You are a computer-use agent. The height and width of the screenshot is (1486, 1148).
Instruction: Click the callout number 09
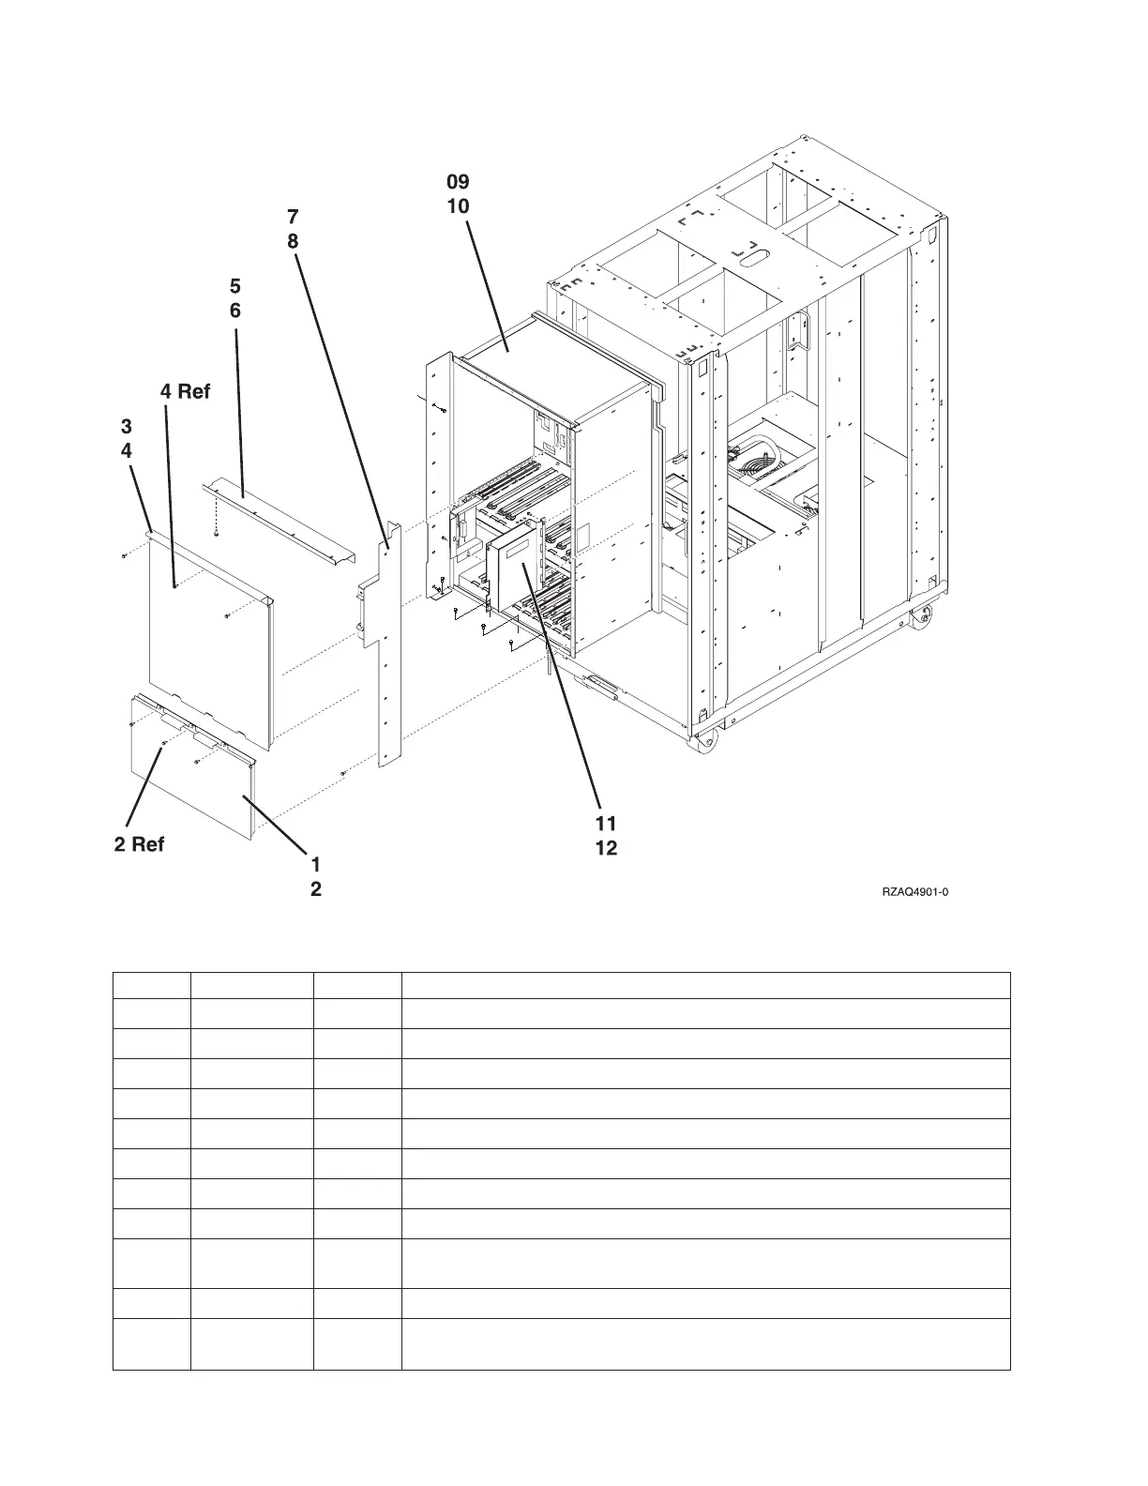458,181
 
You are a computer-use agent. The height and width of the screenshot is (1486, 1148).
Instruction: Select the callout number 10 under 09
458,205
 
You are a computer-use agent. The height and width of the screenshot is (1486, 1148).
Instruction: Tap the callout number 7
293,217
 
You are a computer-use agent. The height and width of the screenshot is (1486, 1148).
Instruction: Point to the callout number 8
293,241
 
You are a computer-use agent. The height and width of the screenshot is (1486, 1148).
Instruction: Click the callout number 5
235,285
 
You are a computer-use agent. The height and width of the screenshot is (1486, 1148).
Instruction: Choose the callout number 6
235,310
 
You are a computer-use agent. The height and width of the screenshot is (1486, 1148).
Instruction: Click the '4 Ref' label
185,391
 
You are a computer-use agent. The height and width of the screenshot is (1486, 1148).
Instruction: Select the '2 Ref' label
139,844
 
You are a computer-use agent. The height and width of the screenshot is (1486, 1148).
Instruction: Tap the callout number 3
127,426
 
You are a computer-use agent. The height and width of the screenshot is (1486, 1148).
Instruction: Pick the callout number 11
605,824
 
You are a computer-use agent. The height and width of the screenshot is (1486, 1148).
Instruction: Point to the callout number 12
605,849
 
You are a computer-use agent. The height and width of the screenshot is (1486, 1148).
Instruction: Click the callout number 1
316,863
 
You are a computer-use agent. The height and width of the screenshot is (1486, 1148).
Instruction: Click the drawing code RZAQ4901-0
914,892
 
